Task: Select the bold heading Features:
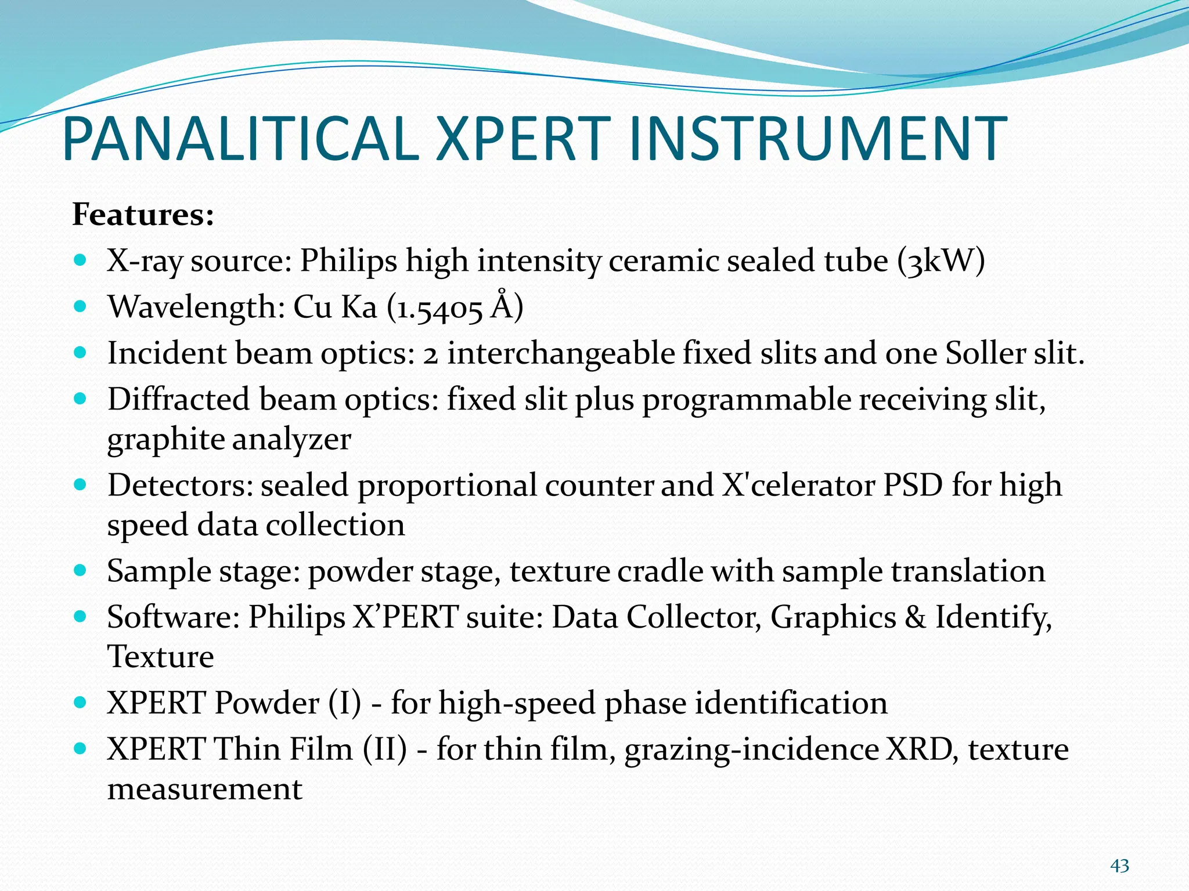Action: click(143, 215)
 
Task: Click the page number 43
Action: click(1119, 866)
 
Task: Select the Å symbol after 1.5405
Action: click(502, 306)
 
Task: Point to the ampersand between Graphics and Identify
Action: click(915, 617)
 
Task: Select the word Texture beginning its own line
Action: click(160, 657)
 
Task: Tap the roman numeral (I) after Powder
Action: click(345, 703)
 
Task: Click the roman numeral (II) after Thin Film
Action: click(385, 749)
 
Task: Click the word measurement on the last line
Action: click(204, 789)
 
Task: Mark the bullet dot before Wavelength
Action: click(81, 306)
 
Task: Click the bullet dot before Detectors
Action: click(81, 484)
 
